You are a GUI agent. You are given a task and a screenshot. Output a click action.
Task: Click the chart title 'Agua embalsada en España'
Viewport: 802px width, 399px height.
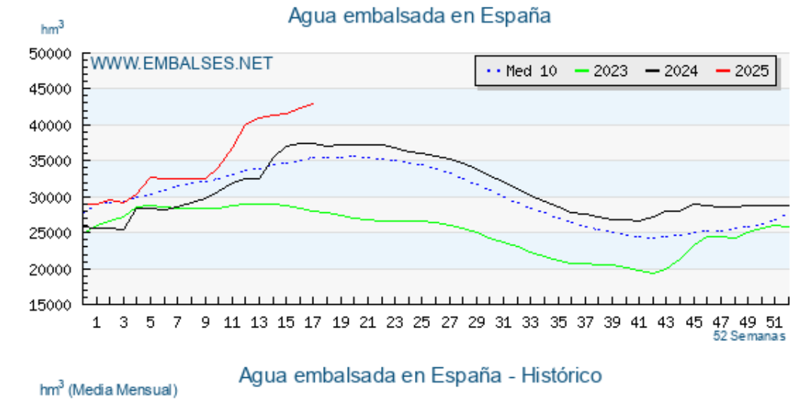420,15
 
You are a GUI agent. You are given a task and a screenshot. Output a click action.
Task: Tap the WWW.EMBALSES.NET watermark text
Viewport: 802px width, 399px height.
181,63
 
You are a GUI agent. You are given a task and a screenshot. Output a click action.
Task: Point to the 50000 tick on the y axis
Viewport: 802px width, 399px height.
50,53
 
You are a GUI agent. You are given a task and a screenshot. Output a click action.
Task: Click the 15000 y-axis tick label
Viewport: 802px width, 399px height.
50,305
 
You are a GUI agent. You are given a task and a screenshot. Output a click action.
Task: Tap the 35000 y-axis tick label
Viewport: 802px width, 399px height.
50,161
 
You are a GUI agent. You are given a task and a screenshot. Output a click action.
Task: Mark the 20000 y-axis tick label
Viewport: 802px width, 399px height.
50,269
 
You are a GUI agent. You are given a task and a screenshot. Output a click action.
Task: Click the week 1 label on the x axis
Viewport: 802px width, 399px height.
96,322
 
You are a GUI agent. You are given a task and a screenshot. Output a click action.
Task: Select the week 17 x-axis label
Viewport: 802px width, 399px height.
313,322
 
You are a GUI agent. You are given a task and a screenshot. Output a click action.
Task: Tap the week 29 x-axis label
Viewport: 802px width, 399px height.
477,322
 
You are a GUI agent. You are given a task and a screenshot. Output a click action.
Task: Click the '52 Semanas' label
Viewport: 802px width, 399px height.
749,336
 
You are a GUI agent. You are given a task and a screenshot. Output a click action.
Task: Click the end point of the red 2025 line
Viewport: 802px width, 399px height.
313,104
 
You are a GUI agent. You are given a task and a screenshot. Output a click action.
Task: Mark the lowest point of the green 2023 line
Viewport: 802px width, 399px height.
652,273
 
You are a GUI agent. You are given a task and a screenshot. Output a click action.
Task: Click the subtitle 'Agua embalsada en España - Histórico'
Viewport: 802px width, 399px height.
420,374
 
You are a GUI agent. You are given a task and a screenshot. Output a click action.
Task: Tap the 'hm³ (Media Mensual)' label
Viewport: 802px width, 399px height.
108,389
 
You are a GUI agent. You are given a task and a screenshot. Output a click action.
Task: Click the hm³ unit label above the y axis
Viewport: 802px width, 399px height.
52,28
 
